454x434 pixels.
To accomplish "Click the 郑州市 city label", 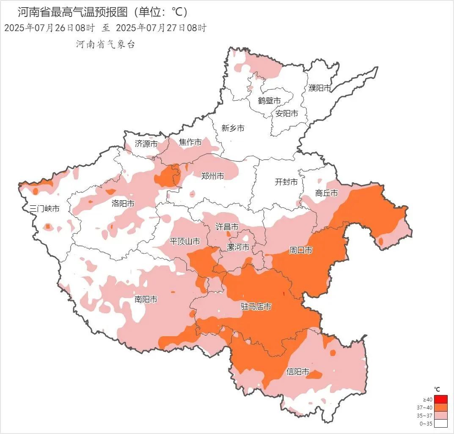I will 212,176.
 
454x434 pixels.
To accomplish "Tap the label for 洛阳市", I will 123,204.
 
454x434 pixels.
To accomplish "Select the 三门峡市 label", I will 44,208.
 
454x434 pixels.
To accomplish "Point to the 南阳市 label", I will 146,300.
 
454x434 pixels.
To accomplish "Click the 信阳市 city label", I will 298,372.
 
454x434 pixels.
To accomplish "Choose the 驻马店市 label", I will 256,307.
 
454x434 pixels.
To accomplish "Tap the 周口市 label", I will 300,250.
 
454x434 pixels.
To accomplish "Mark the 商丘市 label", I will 327,193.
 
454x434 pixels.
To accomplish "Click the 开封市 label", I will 286,182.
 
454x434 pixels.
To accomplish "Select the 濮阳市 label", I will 319,88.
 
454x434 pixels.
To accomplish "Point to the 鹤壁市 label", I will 270,101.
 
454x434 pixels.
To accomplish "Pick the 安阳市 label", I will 286,113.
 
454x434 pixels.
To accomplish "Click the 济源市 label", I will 146,144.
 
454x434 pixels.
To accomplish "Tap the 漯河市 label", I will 238,247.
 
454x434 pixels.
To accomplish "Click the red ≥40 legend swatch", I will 440,399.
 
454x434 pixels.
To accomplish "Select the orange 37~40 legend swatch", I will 440,407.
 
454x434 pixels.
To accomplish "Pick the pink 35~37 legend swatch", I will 440,415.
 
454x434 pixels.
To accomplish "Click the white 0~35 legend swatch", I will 440,423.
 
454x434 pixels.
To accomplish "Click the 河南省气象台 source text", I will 105,44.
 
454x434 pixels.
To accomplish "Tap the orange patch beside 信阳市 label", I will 316,374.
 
